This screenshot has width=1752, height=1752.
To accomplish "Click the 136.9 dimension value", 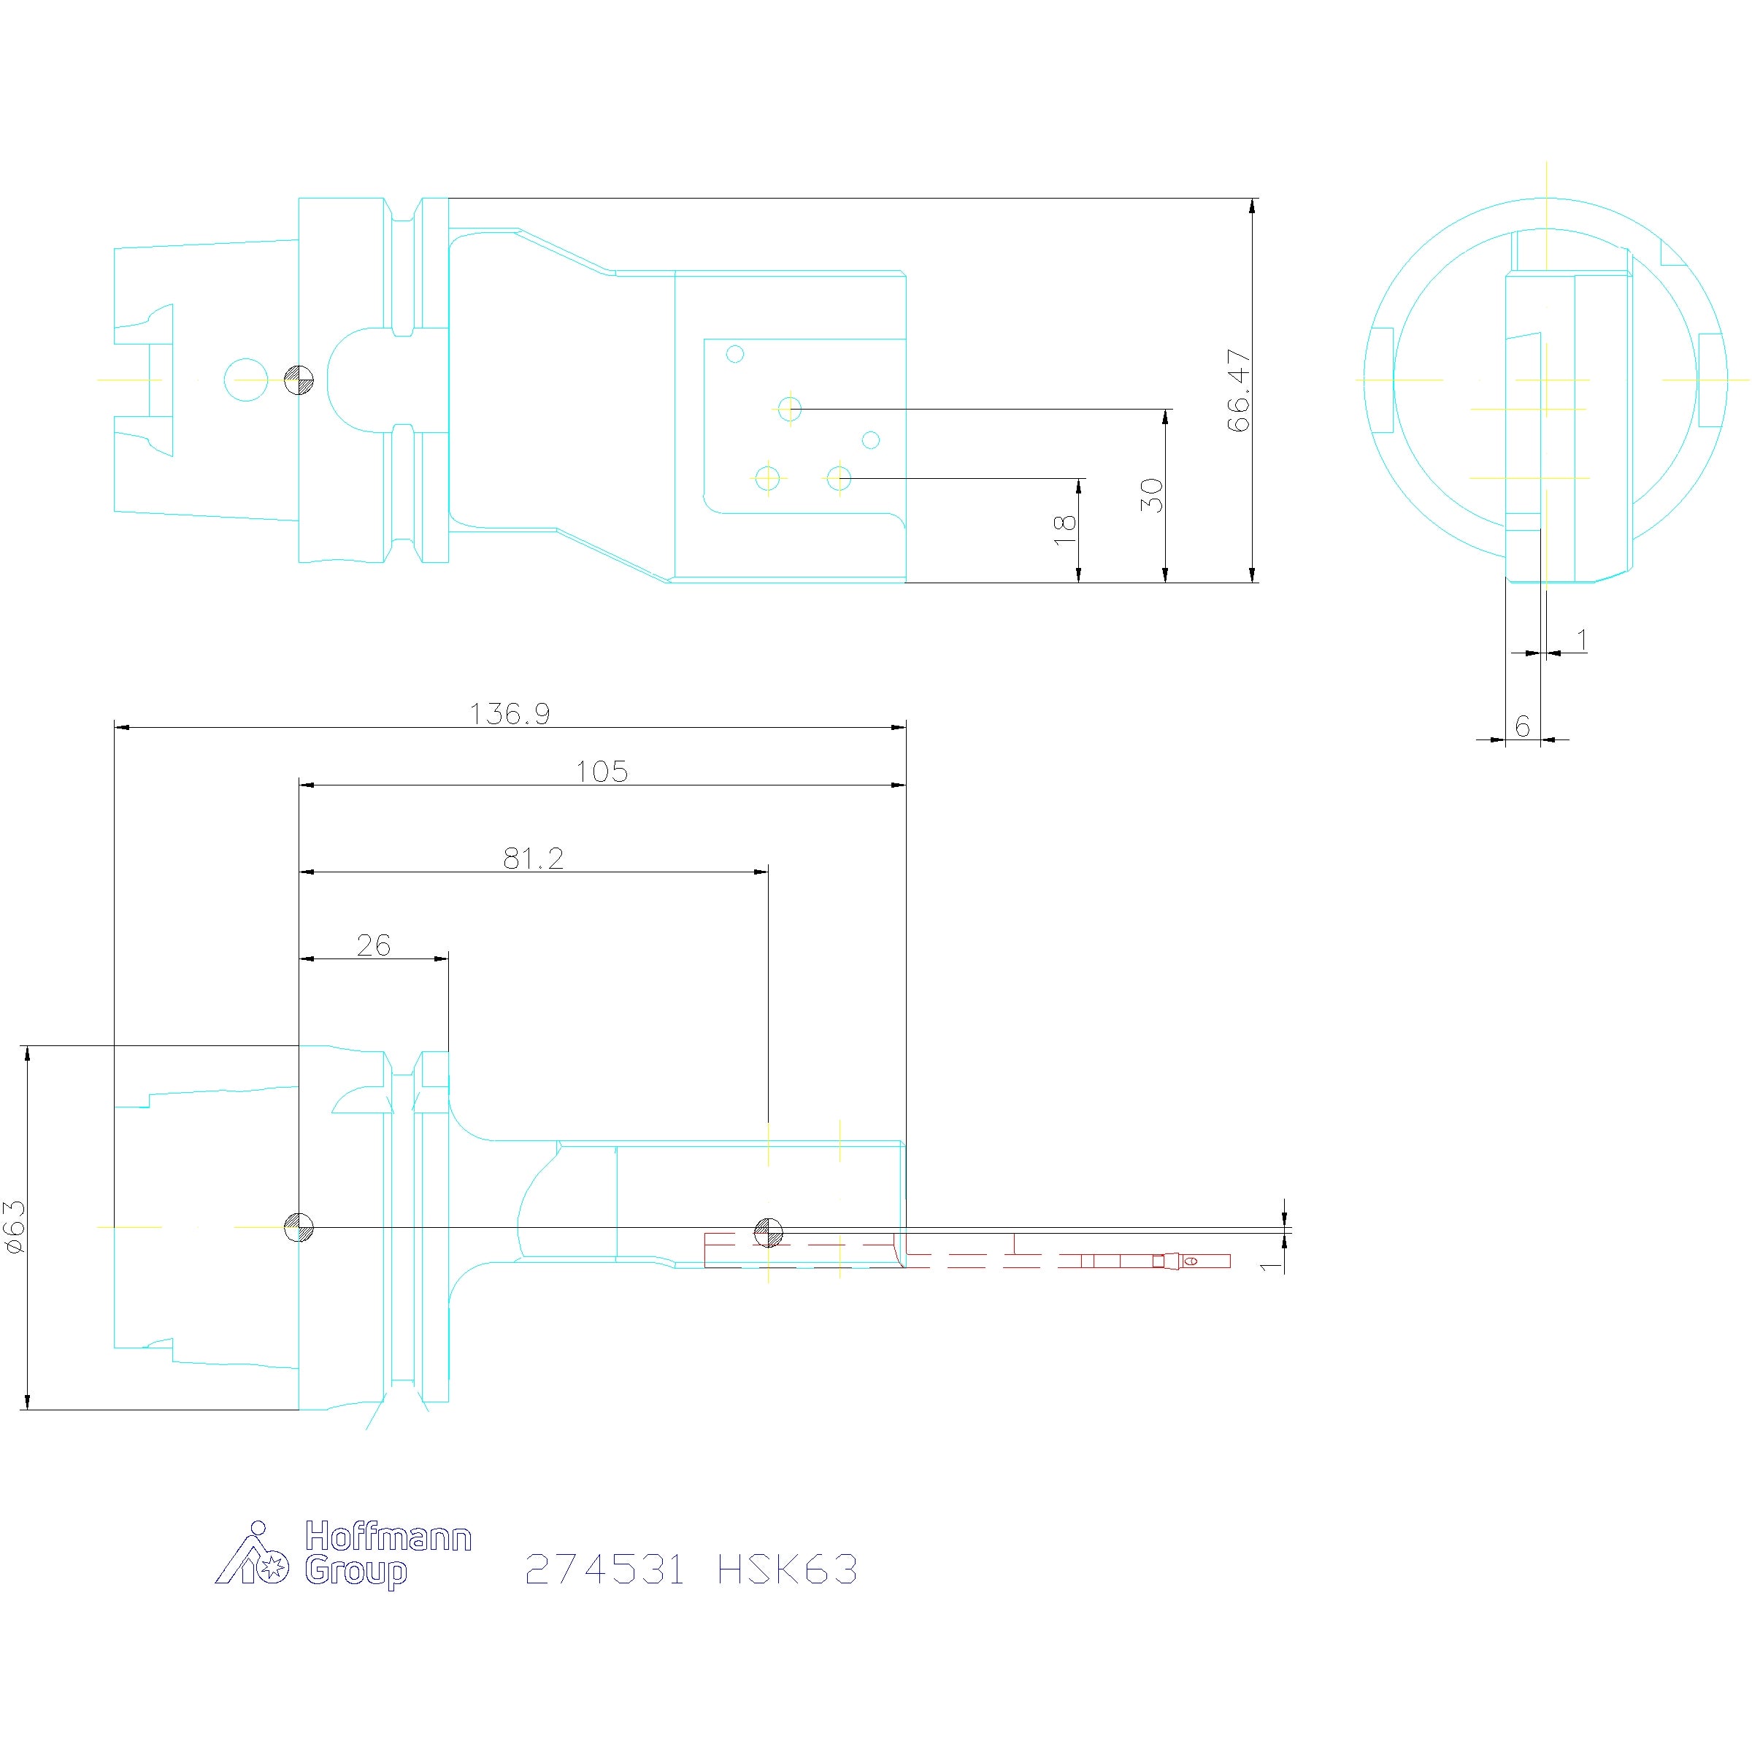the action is (510, 714).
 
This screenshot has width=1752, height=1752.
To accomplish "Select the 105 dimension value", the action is (602, 772).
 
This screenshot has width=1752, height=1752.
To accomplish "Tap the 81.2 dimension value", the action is (533, 858).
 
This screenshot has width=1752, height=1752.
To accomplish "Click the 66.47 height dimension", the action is (1239, 390).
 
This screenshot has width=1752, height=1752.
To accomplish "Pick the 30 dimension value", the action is (1152, 495).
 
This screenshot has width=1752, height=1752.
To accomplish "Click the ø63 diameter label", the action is (15, 1227).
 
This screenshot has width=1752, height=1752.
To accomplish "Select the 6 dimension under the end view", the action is (1523, 726).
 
